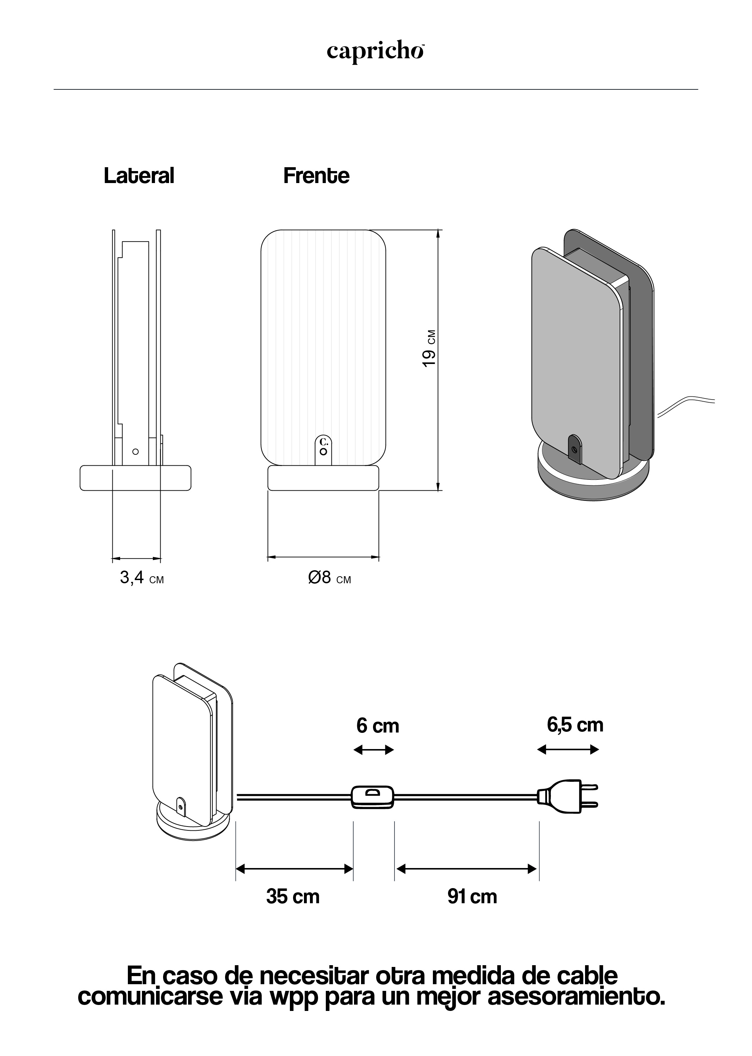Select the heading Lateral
point(139,176)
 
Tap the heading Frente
point(316,176)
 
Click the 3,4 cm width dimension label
point(142,578)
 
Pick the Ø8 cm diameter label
point(330,578)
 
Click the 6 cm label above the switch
point(377,725)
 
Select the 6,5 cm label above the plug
point(575,725)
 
